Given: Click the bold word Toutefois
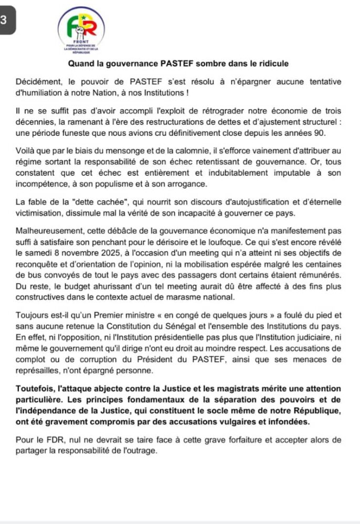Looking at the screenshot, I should click(x=34, y=388).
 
